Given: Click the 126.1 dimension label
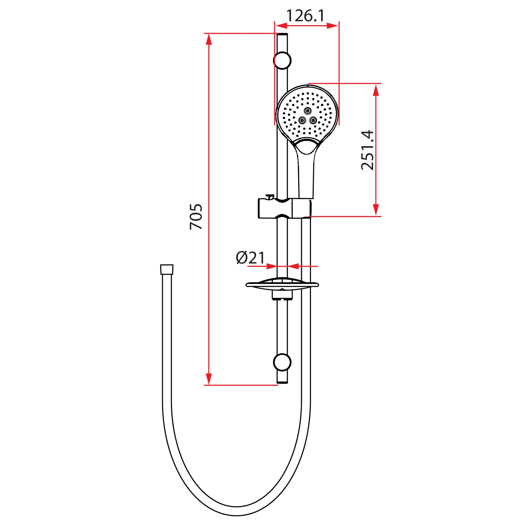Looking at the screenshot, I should click(305, 16).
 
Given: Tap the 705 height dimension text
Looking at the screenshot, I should click(196, 217).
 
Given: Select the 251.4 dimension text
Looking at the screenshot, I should click(368, 150).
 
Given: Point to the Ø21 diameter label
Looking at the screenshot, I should click(250, 258).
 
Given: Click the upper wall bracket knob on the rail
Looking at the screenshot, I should click(282, 60).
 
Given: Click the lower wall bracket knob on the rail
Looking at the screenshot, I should click(282, 362).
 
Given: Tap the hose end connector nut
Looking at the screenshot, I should click(167, 269).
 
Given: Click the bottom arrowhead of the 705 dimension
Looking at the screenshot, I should click(209, 379).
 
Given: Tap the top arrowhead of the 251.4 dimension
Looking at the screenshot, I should click(376, 90).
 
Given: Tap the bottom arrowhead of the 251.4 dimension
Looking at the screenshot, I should click(376, 210).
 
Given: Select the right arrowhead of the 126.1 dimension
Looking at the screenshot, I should click(332, 25).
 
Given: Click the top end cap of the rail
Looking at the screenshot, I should click(282, 35).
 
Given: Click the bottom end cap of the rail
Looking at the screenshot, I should click(282, 382).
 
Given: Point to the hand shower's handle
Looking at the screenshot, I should click(306, 178).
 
